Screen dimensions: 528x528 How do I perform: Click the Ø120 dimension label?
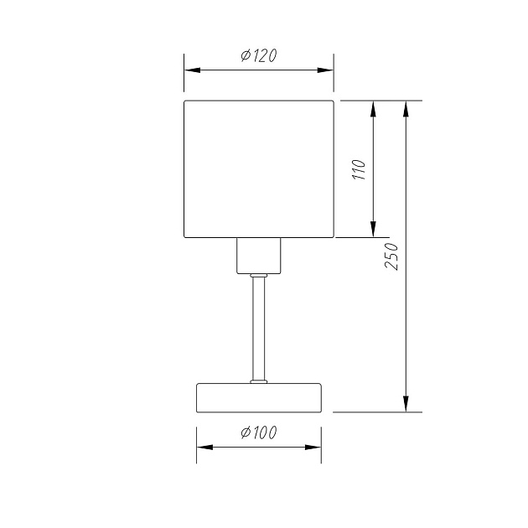(259, 55)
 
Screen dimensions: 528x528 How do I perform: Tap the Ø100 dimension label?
(259, 432)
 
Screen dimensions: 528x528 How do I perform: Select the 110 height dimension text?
(359, 169)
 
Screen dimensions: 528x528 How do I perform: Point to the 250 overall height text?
(391, 256)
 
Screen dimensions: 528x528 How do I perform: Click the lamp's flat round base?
(259, 398)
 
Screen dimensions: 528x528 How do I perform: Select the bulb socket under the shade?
(259, 256)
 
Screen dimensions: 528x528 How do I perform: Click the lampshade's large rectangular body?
(259, 169)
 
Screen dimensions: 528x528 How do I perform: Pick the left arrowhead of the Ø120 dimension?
(192, 70)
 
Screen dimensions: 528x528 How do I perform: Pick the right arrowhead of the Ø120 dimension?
(325, 70)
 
